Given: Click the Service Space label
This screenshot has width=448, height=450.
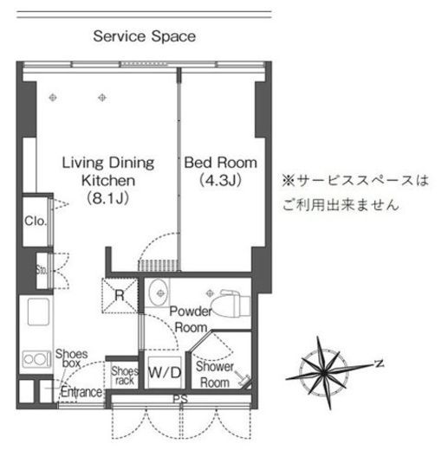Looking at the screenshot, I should click(x=144, y=36).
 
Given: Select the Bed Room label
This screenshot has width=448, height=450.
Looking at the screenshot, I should click(x=211, y=163).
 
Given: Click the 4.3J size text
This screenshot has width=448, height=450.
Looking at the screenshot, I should click(x=211, y=181).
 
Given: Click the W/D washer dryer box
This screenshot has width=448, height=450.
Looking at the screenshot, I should click(x=165, y=373).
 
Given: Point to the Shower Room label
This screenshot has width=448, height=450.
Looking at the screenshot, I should click(x=213, y=374).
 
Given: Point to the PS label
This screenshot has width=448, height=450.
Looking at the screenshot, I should click(x=179, y=399).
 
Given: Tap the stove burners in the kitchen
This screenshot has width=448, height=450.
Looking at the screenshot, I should click(x=34, y=358).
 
